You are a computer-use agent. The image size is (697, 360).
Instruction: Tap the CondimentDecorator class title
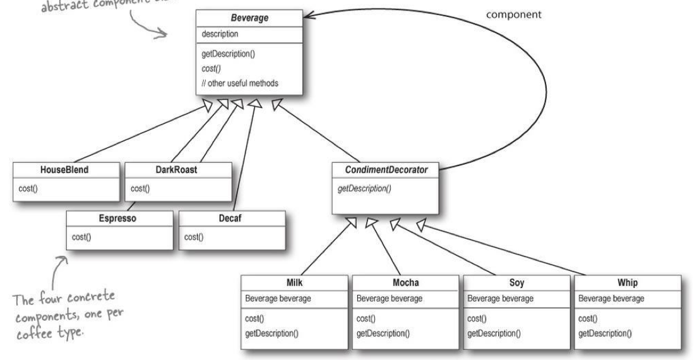coord(384,170)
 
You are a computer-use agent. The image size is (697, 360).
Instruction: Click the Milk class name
coord(295,282)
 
